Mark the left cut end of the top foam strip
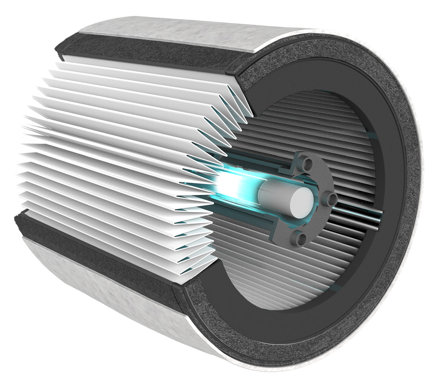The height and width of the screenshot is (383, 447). click(x=59, y=53)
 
